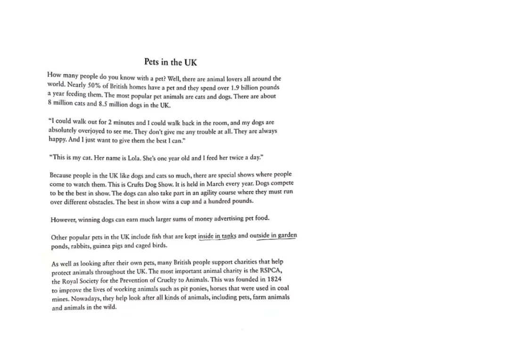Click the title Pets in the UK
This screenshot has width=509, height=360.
coord(170,62)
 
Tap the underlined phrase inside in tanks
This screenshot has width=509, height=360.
coord(217,236)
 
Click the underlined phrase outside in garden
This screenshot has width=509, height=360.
coord(277,235)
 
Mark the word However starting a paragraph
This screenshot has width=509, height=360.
coord(63,219)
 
